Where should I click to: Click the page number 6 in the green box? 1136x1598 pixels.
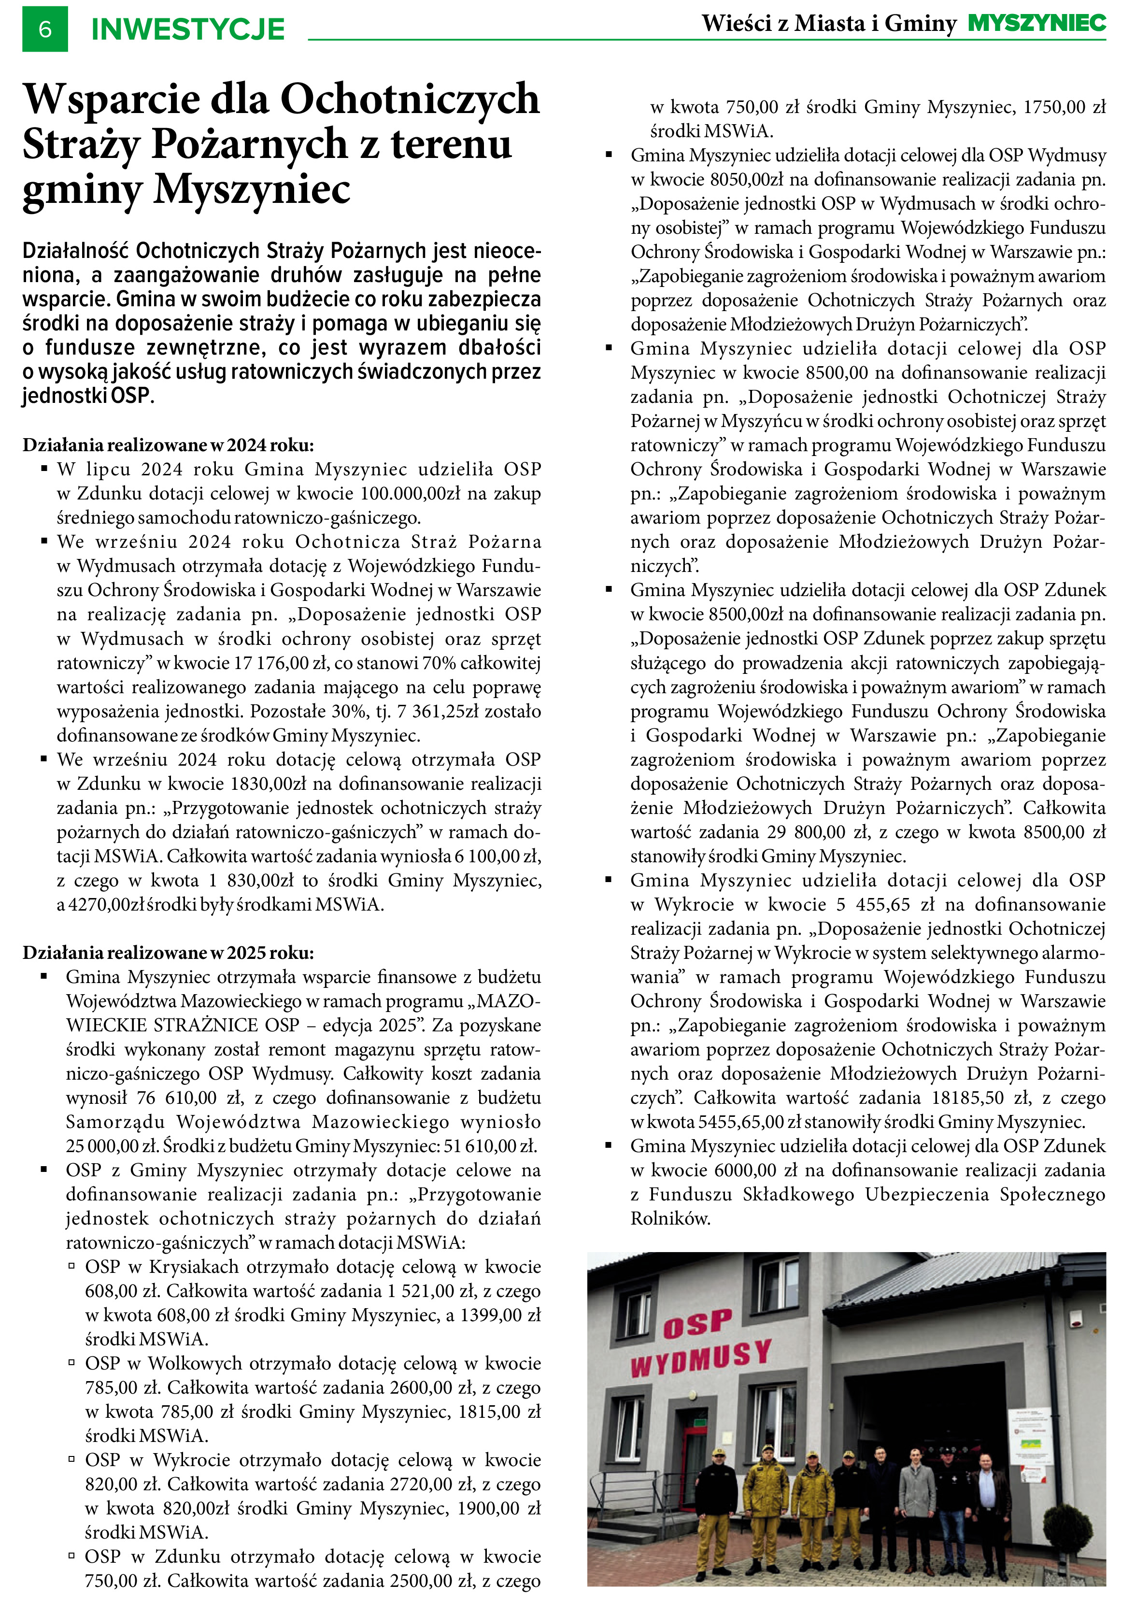[45, 29]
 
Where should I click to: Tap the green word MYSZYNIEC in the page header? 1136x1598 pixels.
[1036, 23]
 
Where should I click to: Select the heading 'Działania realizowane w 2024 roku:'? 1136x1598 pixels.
[168, 445]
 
